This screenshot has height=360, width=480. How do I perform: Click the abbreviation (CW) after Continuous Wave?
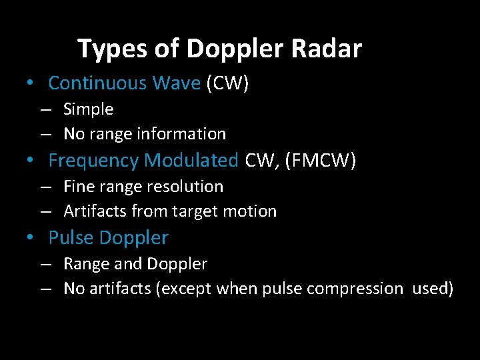coord(227,83)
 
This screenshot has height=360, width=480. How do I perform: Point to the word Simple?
coord(88,109)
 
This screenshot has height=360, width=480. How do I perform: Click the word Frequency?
coord(94,161)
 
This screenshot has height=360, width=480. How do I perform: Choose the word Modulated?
coord(191,161)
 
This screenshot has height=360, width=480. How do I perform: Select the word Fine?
coord(77,187)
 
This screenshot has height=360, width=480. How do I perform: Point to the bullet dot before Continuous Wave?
coord(31,84)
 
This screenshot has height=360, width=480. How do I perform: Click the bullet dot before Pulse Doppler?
coord(31,239)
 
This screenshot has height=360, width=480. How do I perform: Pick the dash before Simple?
coord(45,109)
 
